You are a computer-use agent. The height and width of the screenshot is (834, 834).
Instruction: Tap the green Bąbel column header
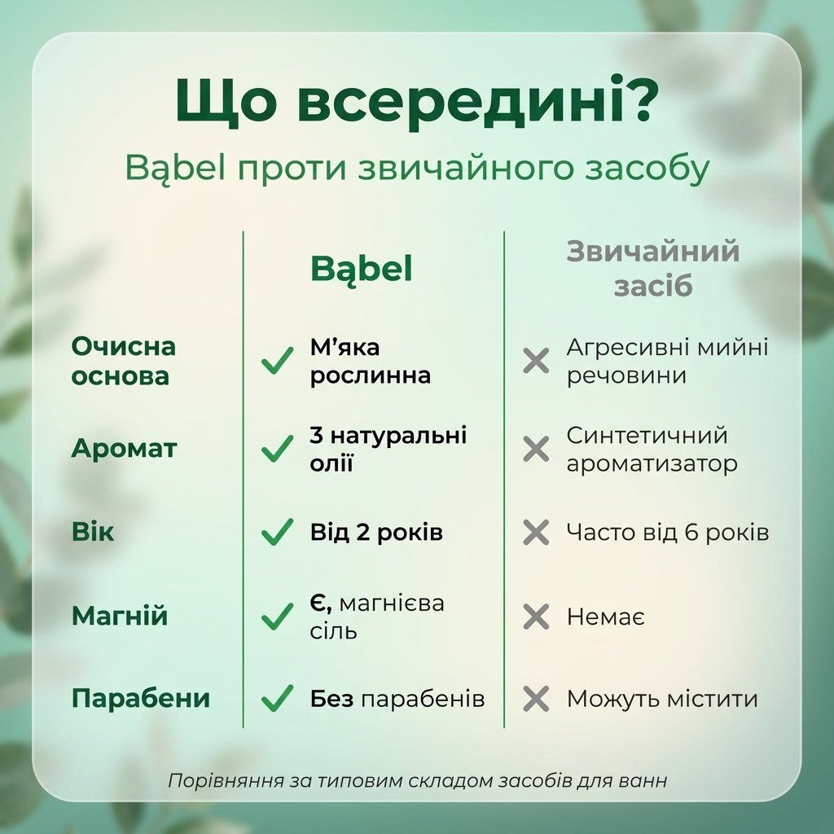pos(361,270)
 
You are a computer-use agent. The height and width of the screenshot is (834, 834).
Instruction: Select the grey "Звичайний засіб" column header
pos(652,269)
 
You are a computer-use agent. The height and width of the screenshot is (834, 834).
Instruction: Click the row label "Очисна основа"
pos(124,361)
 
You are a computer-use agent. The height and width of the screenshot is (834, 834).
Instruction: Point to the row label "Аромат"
pos(124,449)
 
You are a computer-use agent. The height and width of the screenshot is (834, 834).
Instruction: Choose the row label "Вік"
pos(93,531)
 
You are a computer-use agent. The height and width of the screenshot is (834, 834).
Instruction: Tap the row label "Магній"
pos(120,616)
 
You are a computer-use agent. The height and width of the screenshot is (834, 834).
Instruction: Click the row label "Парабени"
pos(141,698)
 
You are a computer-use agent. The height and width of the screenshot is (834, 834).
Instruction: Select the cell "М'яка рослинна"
pos(371,361)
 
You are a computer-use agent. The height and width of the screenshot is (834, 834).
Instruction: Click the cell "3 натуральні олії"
pos(388,449)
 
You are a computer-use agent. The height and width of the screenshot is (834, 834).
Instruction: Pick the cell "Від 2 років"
pos(376,532)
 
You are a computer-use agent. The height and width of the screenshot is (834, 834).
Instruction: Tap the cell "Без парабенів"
pos(397,699)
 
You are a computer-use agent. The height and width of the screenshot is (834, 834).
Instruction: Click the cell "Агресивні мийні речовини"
pos(667,361)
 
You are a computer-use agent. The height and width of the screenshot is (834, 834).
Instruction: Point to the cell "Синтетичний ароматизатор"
pos(652,450)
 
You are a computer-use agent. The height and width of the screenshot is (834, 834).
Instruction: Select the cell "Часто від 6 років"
pos(668,532)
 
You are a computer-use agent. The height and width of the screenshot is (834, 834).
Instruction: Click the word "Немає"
pos(605,617)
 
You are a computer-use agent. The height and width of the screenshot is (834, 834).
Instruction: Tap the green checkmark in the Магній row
pos(277,616)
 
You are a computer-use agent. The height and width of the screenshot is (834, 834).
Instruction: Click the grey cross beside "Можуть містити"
pos(536,699)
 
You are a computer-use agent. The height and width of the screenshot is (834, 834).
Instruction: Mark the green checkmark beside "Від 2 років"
pos(277,532)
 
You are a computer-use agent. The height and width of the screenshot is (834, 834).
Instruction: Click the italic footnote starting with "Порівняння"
pos(417,781)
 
